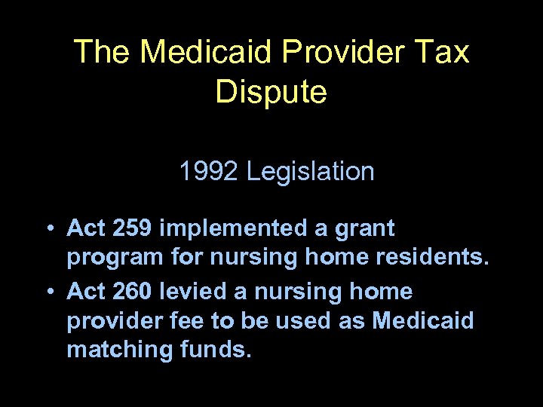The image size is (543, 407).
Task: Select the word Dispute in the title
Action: click(271, 92)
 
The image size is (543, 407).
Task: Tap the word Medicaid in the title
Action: click(209, 52)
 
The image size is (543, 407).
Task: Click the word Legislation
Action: click(310, 172)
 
